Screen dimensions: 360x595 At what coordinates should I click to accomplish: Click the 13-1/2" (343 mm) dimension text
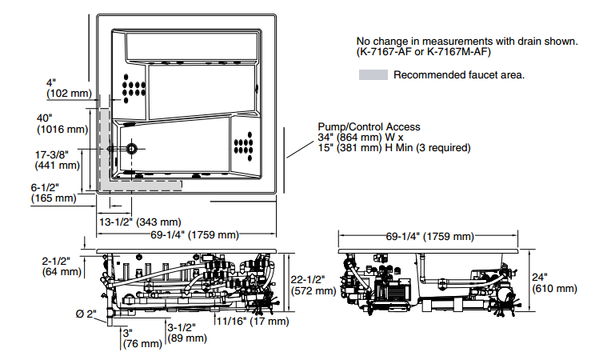(140, 221)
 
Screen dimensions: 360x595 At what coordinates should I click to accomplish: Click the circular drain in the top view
(130, 149)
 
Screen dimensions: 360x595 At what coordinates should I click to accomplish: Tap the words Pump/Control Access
(369, 126)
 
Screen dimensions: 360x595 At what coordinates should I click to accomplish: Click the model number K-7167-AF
(389, 53)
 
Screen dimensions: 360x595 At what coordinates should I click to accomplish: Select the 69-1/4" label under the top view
(189, 234)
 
